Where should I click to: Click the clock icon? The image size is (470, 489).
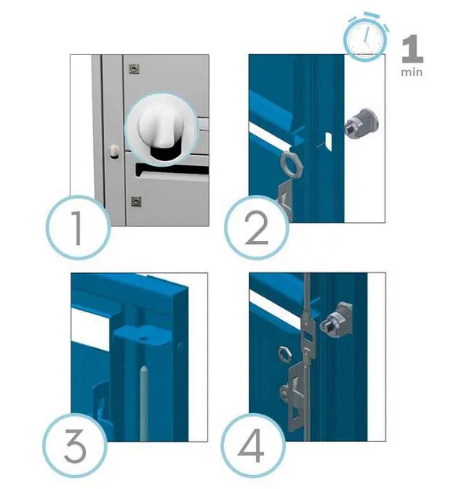[363, 38]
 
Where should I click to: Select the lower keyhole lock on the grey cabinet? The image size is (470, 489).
[136, 201]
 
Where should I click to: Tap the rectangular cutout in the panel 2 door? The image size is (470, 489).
[328, 141]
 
